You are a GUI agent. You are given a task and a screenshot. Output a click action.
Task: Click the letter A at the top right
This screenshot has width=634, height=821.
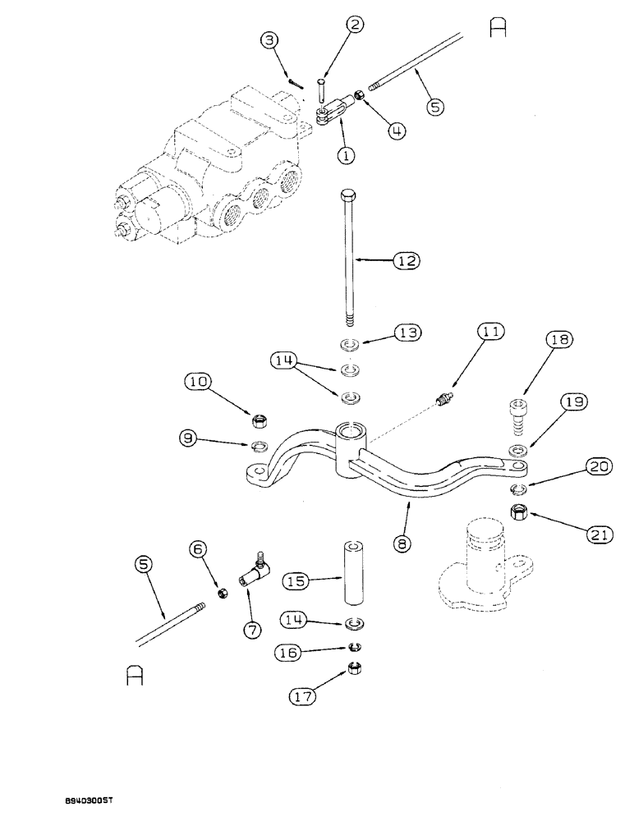[x=498, y=28]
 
